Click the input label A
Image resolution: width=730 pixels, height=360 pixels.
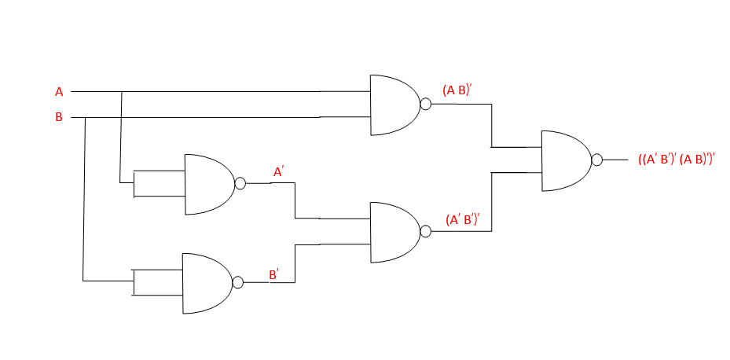tap(59, 92)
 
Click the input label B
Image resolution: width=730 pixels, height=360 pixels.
tap(59, 118)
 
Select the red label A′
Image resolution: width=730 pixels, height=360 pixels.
tap(278, 171)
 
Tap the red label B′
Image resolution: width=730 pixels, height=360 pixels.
tap(274, 274)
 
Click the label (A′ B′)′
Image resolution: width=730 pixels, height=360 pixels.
tap(462, 219)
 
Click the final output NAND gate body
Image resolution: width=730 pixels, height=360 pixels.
tap(565, 160)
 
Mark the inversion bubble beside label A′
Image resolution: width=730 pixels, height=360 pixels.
tap(240, 184)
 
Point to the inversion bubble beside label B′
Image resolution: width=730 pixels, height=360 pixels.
tap(238, 283)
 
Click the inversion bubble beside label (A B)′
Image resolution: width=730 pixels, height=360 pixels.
tap(426, 105)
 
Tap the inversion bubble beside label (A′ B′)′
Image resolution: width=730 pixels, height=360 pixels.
tap(426, 232)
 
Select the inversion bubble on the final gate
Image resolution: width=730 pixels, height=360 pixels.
tap(597, 160)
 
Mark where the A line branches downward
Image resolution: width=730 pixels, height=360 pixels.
tap(121, 92)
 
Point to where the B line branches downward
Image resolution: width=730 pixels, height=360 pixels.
tap(83, 118)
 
